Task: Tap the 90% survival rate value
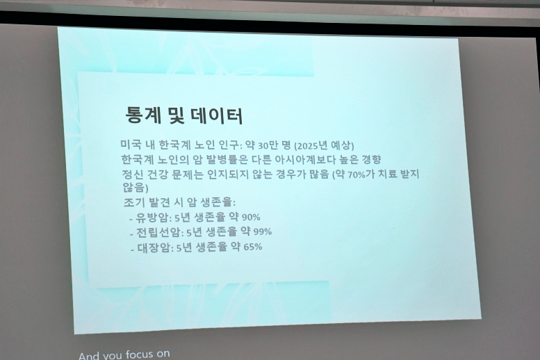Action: (251, 217)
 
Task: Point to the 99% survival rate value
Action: (262, 231)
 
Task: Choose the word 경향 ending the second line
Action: (369, 159)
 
